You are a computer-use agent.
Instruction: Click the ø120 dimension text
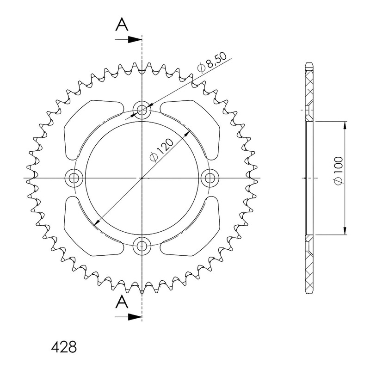tap(161, 150)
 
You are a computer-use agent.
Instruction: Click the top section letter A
tap(122, 25)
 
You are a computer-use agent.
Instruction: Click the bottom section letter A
tap(122, 302)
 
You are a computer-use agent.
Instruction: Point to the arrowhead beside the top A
tap(135, 40)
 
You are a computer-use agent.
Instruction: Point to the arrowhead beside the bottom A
tap(135, 317)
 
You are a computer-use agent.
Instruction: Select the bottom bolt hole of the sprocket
tap(142, 246)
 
